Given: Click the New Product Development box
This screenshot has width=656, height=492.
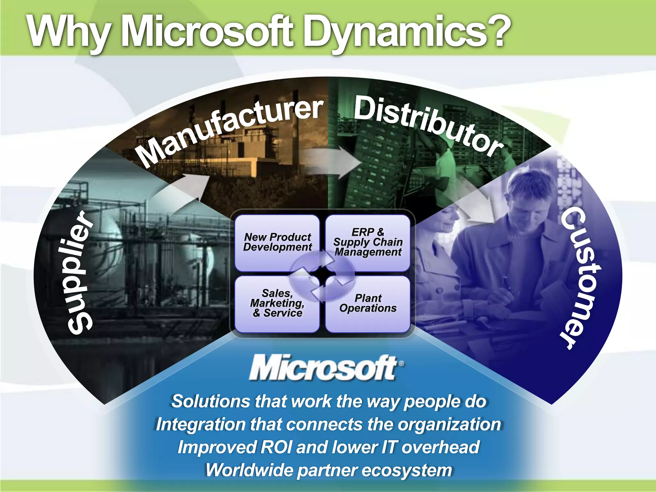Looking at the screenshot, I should [277, 242].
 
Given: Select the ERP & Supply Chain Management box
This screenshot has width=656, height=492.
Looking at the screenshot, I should [368, 242].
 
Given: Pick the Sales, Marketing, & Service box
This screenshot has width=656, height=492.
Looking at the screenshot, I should [277, 303].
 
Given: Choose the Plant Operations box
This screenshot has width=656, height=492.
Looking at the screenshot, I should [368, 303].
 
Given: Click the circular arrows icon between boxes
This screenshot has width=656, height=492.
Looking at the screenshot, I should [322, 275].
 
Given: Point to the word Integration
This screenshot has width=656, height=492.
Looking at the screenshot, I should [200, 425].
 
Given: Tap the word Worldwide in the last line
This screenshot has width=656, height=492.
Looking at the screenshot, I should [248, 470].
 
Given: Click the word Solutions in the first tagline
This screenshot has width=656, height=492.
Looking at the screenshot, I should [210, 402].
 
